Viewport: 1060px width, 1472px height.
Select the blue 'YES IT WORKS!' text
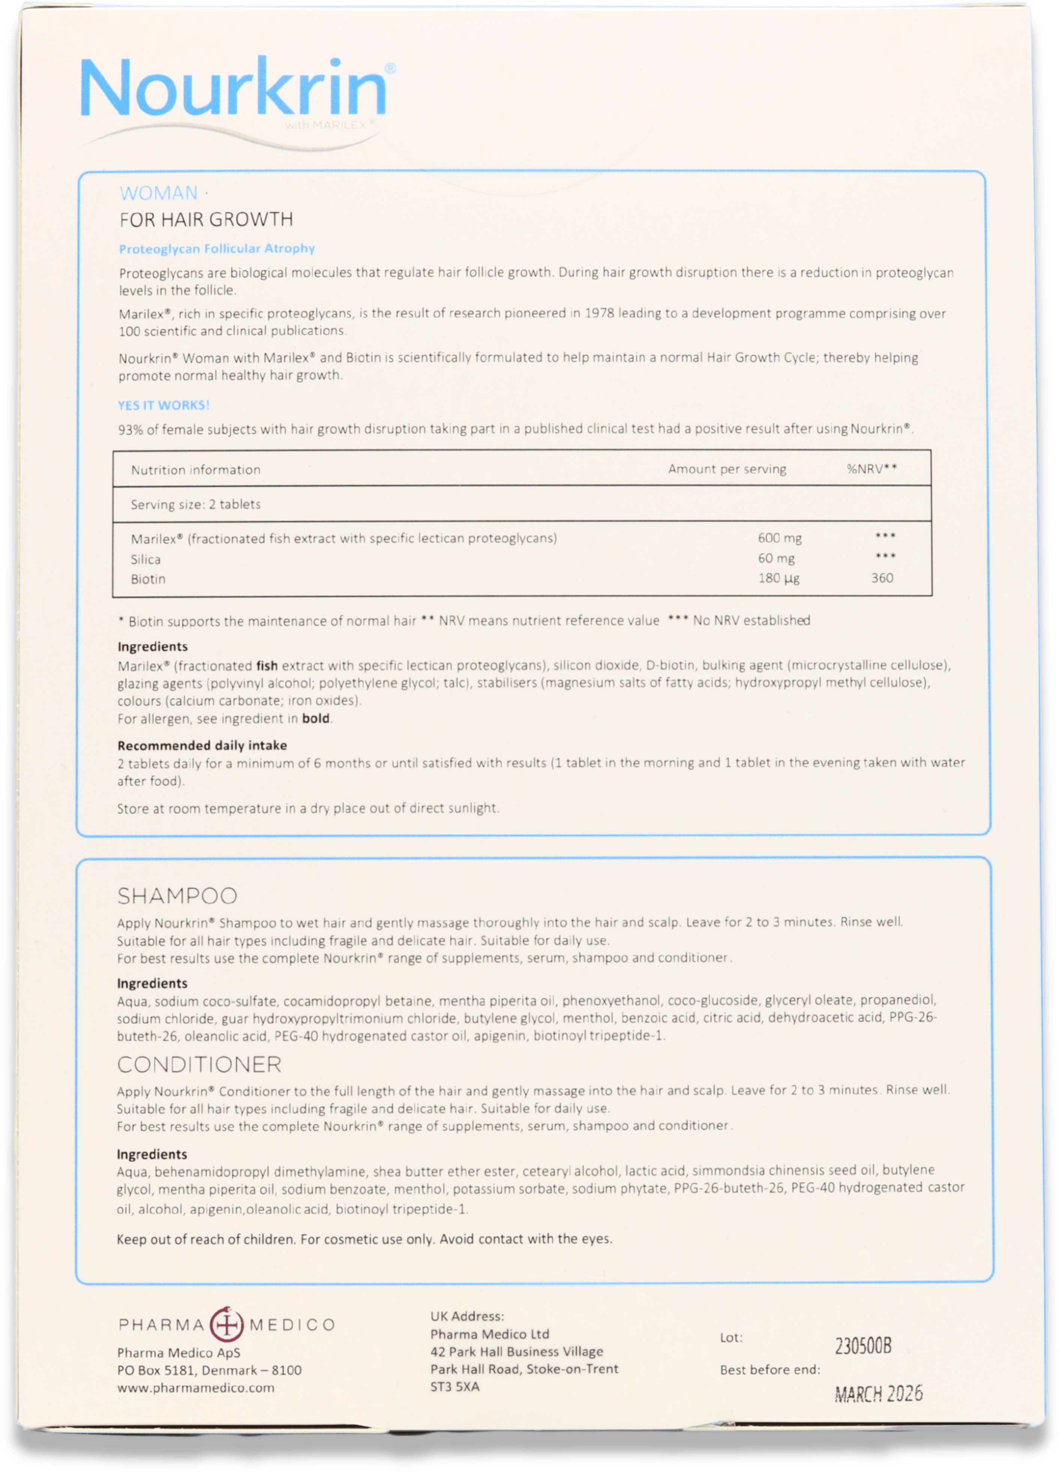pyautogui.click(x=163, y=405)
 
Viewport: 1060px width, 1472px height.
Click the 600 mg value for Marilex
pyautogui.click(x=779, y=538)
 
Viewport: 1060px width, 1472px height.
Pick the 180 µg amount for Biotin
pyautogui.click(x=778, y=578)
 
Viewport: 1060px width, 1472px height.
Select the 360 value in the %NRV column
pyautogui.click(x=882, y=578)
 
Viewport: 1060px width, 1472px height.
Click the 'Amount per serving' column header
pyautogui.click(x=727, y=469)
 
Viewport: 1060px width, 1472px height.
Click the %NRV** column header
pyautogui.click(x=872, y=469)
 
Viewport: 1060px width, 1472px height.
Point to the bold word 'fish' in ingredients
pyautogui.click(x=267, y=665)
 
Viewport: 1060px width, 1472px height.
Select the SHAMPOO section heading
pyautogui.click(x=177, y=896)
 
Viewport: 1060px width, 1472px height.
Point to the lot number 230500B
pyautogui.click(x=863, y=1347)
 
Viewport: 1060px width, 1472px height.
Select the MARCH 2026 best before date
pyautogui.click(x=878, y=1394)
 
